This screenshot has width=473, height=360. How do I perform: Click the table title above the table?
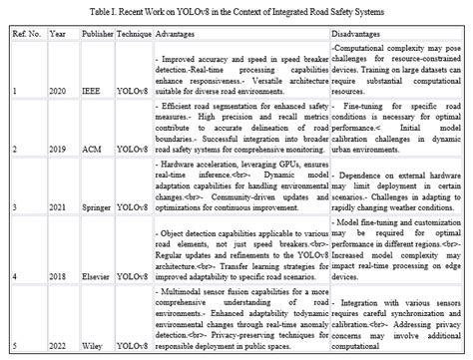(236, 8)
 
